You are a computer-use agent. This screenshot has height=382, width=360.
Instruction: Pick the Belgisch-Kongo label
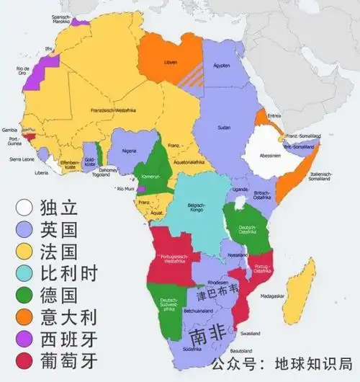(196, 204)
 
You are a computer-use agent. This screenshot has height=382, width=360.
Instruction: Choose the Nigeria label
(128, 151)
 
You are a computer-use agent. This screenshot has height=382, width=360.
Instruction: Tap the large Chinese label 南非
(205, 335)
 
